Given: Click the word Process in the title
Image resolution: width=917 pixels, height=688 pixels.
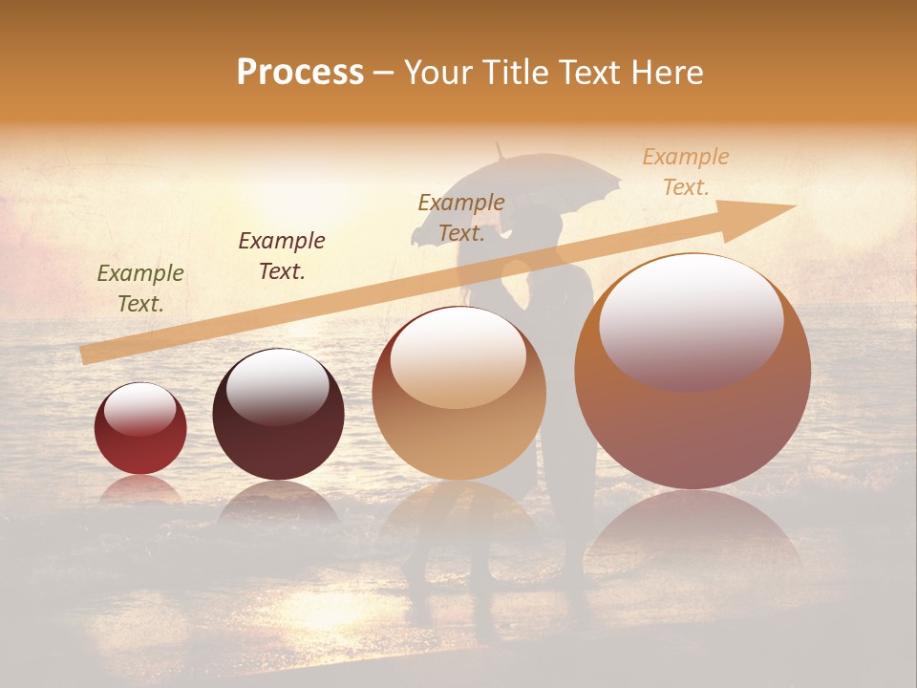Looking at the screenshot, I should (x=300, y=73).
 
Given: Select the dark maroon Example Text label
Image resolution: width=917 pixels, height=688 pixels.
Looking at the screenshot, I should (x=282, y=256).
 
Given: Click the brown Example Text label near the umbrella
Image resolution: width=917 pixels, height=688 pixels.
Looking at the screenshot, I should (x=461, y=218).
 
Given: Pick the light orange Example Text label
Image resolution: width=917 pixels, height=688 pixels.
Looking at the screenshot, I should (x=686, y=172).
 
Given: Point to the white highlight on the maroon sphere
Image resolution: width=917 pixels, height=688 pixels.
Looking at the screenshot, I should (x=277, y=386).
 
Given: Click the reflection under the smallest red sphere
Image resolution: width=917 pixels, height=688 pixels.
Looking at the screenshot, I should (x=140, y=490).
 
